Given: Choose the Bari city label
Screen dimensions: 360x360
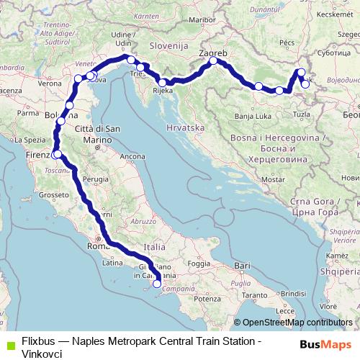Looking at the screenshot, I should pyautogui.click(x=241, y=266).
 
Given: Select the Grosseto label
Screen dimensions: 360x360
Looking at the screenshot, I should pyautogui.click(x=53, y=194).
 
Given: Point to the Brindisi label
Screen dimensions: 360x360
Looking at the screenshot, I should pyautogui.click(x=293, y=294).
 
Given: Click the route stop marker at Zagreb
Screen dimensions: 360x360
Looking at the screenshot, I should pyautogui.click(x=214, y=62).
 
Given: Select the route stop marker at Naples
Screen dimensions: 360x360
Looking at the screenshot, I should pyautogui.click(x=157, y=284).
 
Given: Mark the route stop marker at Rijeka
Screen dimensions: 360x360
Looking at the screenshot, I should pyautogui.click(x=163, y=83).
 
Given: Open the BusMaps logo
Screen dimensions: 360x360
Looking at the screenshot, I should pyautogui.click(x=325, y=343).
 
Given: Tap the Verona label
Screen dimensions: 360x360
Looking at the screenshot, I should pyautogui.click(x=50, y=84).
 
